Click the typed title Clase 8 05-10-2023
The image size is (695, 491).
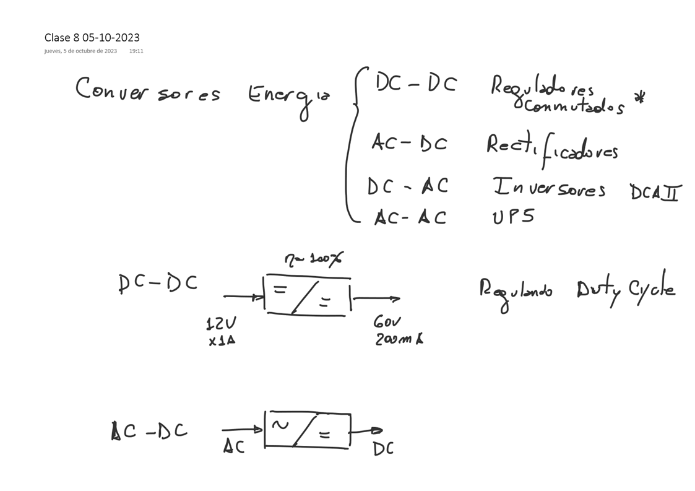point(92,38)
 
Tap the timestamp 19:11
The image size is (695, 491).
point(136,51)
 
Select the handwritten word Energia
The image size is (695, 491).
point(288,96)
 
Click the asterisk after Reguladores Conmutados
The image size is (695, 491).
point(640,98)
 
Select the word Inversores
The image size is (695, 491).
point(548,188)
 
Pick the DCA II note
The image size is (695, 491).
point(654,193)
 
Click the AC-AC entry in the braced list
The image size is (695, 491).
point(410,217)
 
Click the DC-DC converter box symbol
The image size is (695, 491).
point(307,296)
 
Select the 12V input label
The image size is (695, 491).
point(220,323)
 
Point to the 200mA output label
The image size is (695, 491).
point(399,339)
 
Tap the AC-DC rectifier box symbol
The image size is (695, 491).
point(307,430)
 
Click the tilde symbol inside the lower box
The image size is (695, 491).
point(280,425)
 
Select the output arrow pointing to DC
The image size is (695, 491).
point(367,431)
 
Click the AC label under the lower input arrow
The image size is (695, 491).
point(234,446)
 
